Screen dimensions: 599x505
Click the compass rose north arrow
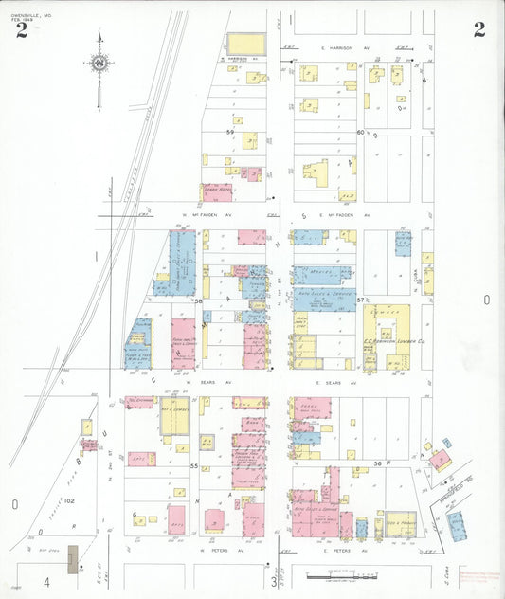coord(99,63)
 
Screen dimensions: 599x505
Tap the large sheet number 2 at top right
coord(479,29)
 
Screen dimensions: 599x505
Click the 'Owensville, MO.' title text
coord(31,12)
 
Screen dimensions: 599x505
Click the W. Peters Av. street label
coord(216,549)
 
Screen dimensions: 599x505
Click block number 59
coord(229,132)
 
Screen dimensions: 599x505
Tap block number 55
coord(195,466)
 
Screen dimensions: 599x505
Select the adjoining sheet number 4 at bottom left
coord(45,580)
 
